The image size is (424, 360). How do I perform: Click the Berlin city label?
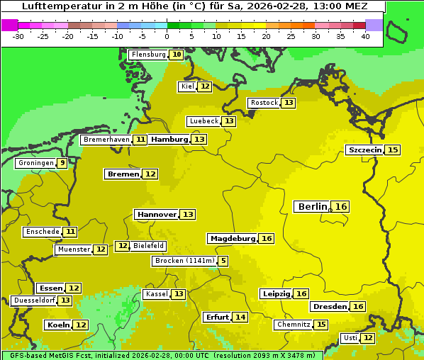(312, 206)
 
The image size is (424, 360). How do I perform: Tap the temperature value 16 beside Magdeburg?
(267, 239)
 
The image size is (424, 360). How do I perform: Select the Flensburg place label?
(148, 55)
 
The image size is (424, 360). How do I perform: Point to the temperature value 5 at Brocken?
(223, 261)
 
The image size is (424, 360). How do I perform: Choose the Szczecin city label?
(364, 150)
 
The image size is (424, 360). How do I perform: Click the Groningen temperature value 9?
(62, 163)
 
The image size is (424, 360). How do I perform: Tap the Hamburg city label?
(169, 140)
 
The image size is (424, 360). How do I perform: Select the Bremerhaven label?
(106, 140)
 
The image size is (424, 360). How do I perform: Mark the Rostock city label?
(264, 103)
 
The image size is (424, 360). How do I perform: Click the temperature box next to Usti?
(367, 338)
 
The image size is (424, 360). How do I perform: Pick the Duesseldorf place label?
(34, 300)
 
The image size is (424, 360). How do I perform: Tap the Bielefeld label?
(149, 246)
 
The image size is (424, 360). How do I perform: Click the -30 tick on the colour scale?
(18, 36)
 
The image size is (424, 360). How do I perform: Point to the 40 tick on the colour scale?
(365, 36)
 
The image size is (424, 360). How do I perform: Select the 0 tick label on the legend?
(167, 36)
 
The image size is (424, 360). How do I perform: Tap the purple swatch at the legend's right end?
(374, 25)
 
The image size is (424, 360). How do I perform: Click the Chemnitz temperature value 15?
(321, 325)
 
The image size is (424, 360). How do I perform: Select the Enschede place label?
(42, 232)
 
